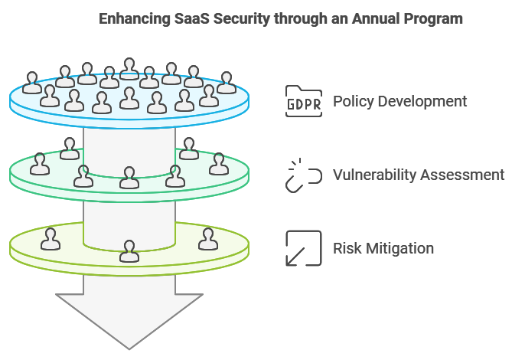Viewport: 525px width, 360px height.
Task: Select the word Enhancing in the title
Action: point(135,19)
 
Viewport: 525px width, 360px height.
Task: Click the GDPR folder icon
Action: point(304,101)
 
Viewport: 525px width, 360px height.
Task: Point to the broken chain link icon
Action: point(304,175)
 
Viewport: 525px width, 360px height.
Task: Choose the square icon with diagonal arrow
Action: point(304,248)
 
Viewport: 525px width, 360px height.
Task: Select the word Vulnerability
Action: point(374,175)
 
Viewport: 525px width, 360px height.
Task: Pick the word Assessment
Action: point(462,175)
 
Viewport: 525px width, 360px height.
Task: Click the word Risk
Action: point(347,248)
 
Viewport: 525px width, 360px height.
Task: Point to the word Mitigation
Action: point(399,249)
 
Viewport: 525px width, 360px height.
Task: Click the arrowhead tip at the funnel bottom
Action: point(129,349)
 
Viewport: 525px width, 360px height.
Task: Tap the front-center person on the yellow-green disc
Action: point(129,251)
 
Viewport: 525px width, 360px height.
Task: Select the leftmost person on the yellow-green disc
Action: point(51,239)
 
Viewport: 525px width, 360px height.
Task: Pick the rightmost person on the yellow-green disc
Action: point(208,239)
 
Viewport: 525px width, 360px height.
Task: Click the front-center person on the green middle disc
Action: point(129,178)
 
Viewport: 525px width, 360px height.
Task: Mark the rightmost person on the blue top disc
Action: point(227,83)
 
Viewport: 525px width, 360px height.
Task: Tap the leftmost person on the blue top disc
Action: point(32,83)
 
